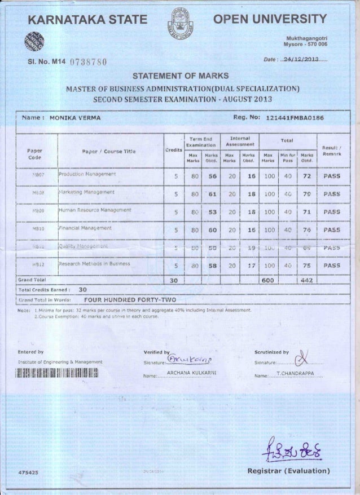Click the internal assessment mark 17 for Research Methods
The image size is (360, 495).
(245, 264)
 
